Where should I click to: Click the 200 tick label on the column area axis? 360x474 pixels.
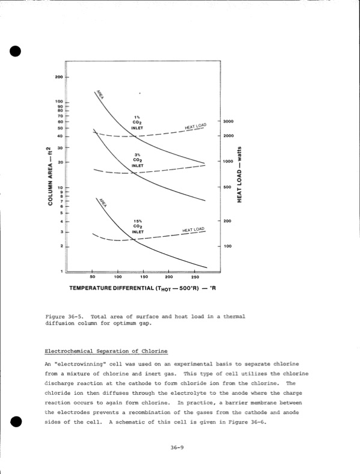pos(59,77)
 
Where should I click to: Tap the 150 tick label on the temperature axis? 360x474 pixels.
pos(144,277)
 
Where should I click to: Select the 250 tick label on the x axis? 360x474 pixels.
pos(195,277)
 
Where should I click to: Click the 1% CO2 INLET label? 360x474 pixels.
pos(138,122)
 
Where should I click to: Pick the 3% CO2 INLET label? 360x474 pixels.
pos(138,160)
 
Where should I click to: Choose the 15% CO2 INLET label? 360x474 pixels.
pos(138,226)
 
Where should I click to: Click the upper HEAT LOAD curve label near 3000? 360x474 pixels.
pos(195,127)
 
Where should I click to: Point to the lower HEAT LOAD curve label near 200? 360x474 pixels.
pos(193,230)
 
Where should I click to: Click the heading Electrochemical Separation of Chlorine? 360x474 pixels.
pos(106,351)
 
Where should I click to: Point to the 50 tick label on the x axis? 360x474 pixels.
pos(93,277)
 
